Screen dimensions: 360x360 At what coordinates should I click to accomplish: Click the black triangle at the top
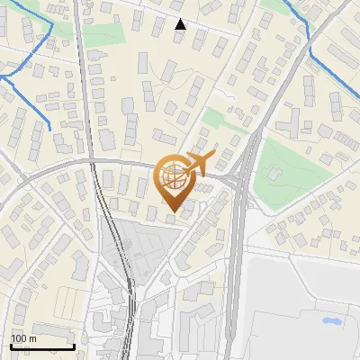click(180, 24)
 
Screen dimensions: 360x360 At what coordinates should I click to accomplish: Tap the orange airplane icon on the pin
click(196, 165)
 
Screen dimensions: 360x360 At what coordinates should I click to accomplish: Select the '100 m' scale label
click(24, 337)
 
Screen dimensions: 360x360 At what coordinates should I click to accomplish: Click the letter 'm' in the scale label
click(33, 337)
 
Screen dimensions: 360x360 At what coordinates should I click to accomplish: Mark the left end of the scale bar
click(11, 346)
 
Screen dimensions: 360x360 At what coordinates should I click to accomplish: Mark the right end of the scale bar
click(74, 346)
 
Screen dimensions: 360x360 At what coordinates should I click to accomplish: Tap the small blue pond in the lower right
click(329, 320)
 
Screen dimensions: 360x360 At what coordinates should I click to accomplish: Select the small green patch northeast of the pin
click(215, 119)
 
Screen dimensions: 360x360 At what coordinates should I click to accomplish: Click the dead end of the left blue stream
click(49, 128)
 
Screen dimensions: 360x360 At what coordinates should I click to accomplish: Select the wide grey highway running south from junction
click(236, 270)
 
